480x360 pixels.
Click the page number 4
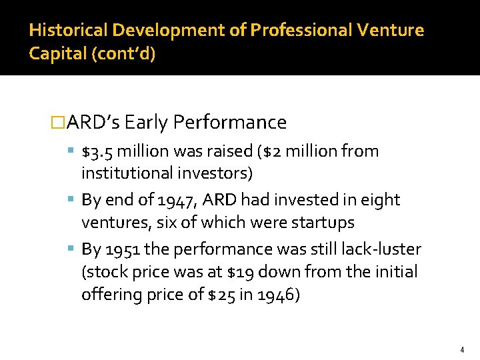pos(461,349)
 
